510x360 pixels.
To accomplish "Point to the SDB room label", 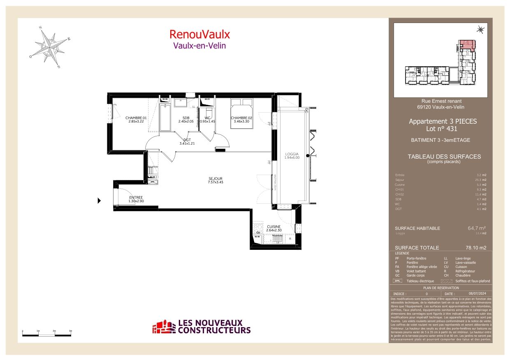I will [x=185, y=119].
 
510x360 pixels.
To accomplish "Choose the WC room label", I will [x=208, y=119].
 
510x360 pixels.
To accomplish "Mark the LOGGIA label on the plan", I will [x=292, y=155].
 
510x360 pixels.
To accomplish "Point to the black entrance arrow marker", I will [x=99, y=201].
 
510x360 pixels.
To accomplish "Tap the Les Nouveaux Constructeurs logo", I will [x=202, y=327].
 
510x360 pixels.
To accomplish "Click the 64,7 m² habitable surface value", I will [x=477, y=228].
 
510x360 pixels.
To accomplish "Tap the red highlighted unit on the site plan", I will [x=467, y=44].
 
